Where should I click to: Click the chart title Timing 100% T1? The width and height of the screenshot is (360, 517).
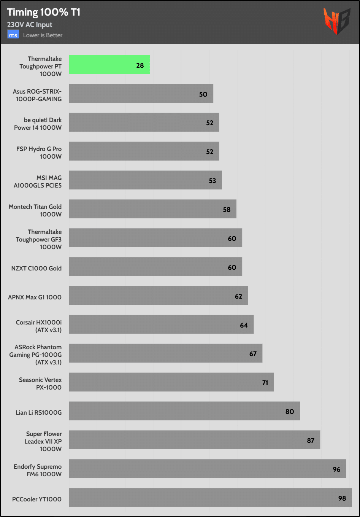tap(44, 12)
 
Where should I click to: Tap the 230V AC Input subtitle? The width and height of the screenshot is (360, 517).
tap(30, 25)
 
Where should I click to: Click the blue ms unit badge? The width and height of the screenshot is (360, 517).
tap(13, 35)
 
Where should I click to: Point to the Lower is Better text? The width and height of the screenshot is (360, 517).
tap(43, 35)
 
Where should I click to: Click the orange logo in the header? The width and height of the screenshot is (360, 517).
tap(336, 21)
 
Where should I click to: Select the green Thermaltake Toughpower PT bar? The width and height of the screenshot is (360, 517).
tap(109, 65)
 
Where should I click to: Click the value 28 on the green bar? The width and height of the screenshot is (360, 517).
tap(140, 65)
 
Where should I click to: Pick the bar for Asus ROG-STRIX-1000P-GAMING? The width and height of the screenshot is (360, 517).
tap(141, 94)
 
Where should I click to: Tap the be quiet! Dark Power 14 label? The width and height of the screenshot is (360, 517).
tap(38, 124)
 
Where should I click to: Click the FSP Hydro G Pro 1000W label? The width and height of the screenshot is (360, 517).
tap(39, 153)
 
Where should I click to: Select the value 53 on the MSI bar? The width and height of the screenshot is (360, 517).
tap(212, 181)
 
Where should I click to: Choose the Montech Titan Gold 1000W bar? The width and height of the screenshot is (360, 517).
tap(152, 209)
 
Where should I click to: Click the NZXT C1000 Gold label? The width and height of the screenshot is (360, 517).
tap(36, 268)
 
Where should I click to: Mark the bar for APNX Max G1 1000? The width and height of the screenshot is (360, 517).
tap(158, 296)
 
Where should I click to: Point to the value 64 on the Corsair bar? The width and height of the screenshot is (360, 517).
tap(244, 325)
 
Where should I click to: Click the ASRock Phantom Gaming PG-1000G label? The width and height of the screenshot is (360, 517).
tap(35, 355)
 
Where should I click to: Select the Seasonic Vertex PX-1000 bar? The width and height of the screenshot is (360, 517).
tap(171, 382)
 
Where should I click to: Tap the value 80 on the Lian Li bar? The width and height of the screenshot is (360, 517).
tap(290, 412)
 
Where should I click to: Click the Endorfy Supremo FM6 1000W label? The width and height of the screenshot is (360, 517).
tap(37, 470)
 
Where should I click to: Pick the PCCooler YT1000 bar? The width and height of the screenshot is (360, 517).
tap(210, 498)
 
